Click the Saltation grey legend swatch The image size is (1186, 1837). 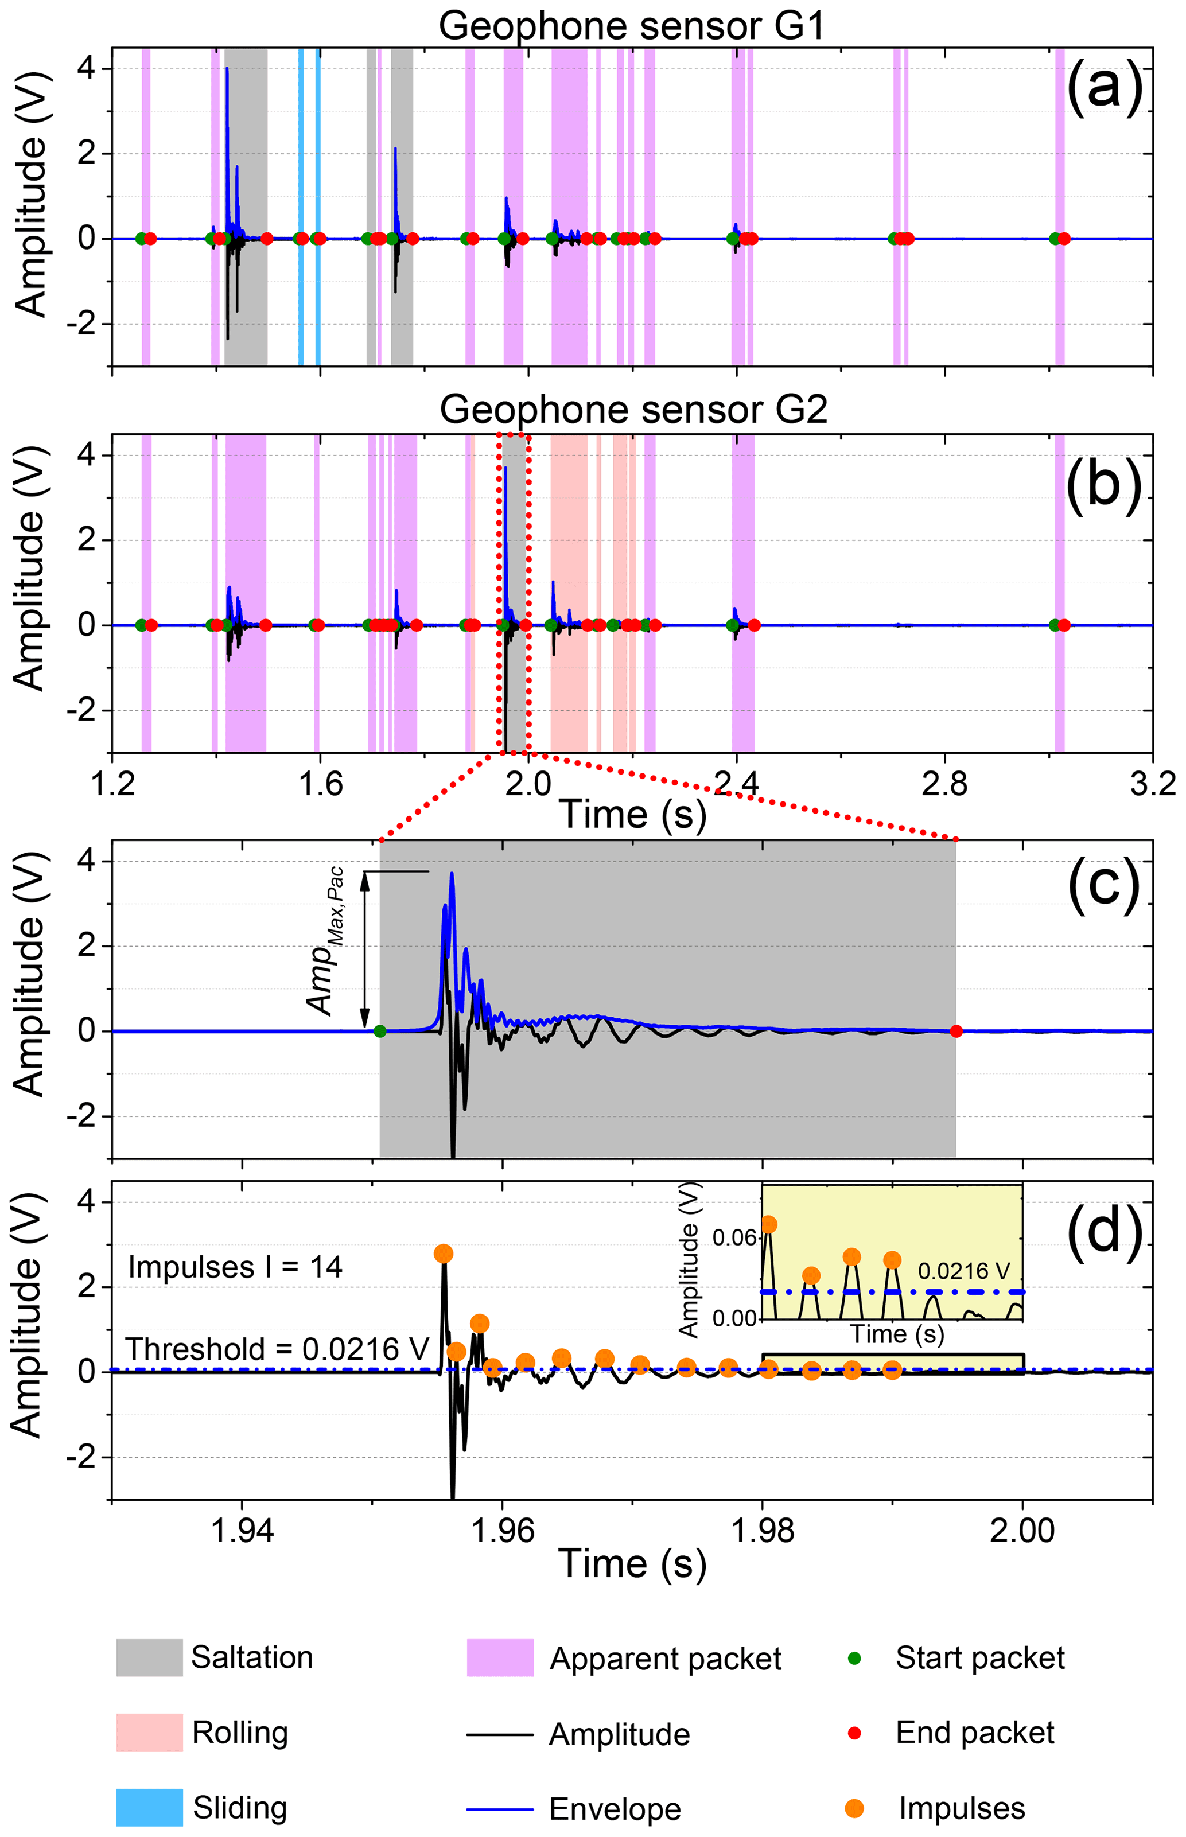click(x=149, y=1657)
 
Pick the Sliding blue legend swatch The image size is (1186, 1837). click(x=149, y=1807)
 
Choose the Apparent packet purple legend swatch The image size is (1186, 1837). click(x=500, y=1657)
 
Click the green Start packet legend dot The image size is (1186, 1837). click(x=853, y=1657)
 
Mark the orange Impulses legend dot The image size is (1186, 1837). click(x=853, y=1808)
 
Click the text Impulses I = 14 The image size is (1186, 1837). click(x=235, y=1267)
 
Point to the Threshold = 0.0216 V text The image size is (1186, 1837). click(x=277, y=1349)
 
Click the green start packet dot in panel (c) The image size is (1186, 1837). click(x=380, y=1031)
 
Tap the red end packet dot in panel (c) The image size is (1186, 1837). click(x=956, y=1031)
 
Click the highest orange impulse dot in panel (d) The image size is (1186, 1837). click(x=443, y=1254)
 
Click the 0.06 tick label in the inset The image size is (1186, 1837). click(x=734, y=1238)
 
